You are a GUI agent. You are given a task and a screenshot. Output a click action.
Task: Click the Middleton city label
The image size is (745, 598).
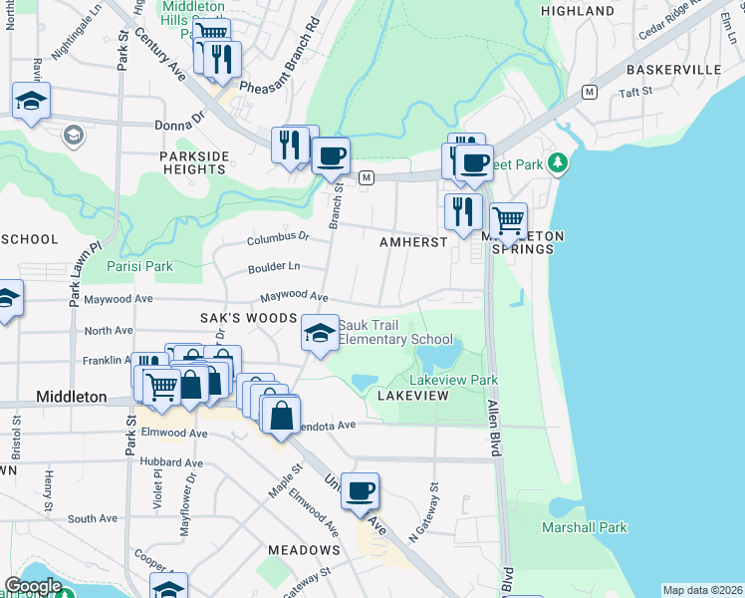click(x=71, y=397)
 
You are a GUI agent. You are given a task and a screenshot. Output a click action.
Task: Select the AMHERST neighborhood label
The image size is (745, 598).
click(x=413, y=243)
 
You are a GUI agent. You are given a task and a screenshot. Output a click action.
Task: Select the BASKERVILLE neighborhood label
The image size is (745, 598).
click(x=673, y=70)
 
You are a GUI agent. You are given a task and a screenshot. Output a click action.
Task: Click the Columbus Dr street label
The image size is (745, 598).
click(x=279, y=239)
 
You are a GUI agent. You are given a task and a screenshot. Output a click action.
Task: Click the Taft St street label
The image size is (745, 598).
click(x=634, y=92)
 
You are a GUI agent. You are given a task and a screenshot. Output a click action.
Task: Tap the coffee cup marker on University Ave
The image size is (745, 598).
click(x=361, y=490)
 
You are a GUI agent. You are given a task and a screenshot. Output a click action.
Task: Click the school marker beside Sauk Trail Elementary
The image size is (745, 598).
click(x=319, y=333)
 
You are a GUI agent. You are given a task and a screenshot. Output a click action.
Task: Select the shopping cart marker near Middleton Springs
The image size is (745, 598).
click(x=509, y=220)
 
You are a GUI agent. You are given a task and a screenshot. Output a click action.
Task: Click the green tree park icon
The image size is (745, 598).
click(x=560, y=161)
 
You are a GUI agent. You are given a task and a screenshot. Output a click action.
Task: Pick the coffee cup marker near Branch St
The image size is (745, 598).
click(x=331, y=155)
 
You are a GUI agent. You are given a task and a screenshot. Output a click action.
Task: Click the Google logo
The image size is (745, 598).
click(x=33, y=586)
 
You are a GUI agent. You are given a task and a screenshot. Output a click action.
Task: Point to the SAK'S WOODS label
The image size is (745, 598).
click(x=249, y=318)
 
